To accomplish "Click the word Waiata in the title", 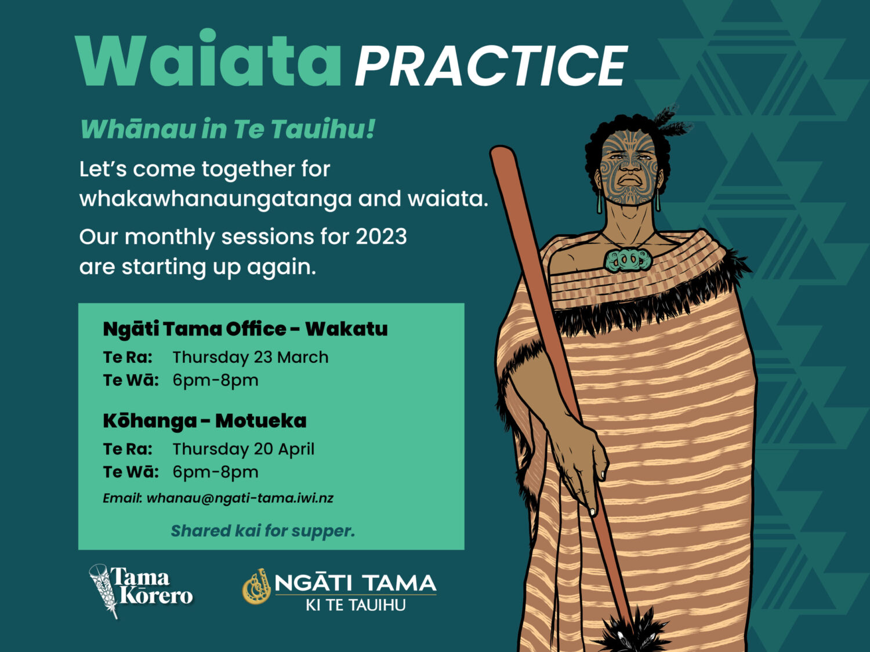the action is (208, 58).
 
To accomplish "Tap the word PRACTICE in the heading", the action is (491, 65).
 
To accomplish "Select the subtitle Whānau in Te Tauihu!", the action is (227, 129).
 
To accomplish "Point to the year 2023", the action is (381, 236).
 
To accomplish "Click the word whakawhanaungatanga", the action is (216, 199).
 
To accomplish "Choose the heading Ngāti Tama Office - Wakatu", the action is (245, 329).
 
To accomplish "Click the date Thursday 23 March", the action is (251, 358).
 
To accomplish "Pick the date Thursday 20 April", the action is (244, 449).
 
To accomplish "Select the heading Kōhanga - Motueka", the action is (205, 421).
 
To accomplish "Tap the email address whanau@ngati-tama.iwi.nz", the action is (240, 498).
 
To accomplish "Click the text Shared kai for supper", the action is (263, 531).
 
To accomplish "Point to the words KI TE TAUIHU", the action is (356, 605).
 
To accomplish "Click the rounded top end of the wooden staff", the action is (503, 154).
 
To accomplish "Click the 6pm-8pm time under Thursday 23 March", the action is (216, 380).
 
